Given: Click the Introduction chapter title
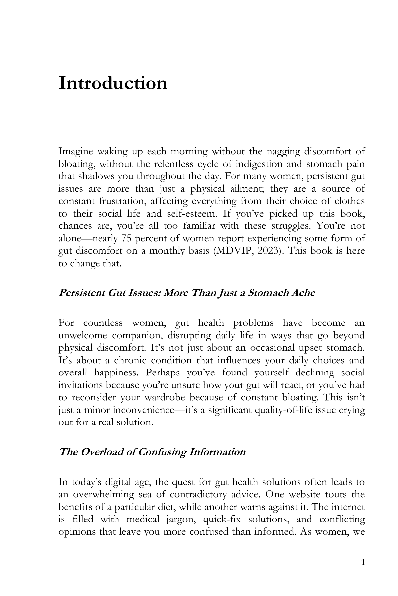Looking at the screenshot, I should pyautogui.click(x=113, y=83).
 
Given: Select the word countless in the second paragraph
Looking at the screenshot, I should pyautogui.click(x=103, y=323).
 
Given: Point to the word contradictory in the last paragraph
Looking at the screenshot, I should pyautogui.click(x=198, y=494).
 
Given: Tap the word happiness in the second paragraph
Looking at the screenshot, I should pyautogui.click(x=116, y=372).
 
